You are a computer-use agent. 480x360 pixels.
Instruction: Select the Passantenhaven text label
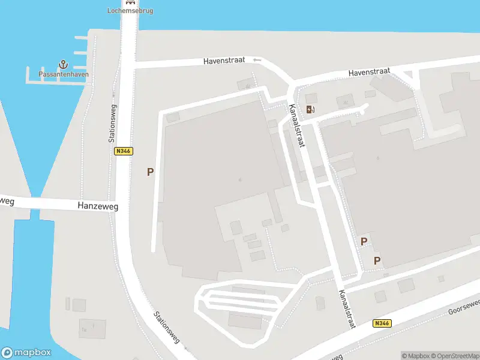click(64, 74)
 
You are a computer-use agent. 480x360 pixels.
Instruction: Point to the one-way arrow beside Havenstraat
click(257, 60)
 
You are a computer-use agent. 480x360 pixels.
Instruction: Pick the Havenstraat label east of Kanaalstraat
click(370, 72)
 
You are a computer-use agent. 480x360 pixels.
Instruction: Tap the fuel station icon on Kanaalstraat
click(310, 109)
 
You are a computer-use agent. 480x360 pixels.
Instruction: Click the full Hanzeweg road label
click(98, 206)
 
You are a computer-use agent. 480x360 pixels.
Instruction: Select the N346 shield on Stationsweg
click(123, 151)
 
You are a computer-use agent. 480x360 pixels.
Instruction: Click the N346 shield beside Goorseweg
click(381, 323)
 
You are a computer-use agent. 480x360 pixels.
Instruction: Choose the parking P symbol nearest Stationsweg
click(150, 172)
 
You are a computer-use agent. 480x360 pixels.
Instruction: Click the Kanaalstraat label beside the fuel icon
click(297, 125)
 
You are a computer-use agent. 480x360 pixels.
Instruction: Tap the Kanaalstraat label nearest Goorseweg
click(347, 309)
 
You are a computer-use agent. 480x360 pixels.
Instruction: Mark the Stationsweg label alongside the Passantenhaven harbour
click(112, 122)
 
